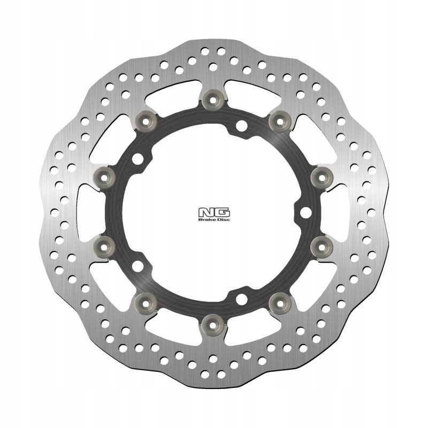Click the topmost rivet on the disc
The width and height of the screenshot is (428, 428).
[213, 100]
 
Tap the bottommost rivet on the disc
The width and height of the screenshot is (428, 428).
[213, 325]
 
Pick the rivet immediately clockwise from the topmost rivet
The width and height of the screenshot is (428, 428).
[280, 121]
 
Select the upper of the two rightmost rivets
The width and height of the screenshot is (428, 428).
[322, 178]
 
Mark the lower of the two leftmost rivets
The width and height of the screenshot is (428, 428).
[104, 247]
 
